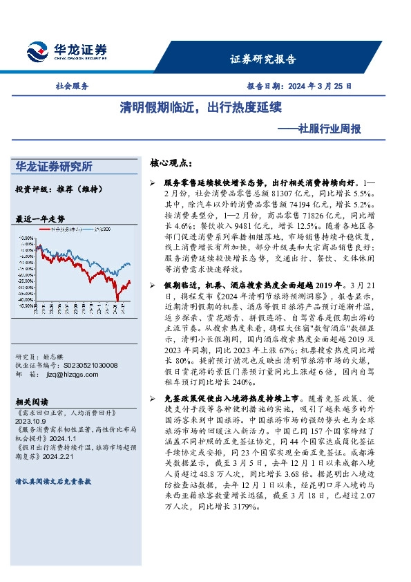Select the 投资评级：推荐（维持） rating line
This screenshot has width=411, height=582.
point(54,189)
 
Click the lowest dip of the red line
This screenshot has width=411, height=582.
point(117,299)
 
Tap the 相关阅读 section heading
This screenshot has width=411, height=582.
point(30,401)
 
